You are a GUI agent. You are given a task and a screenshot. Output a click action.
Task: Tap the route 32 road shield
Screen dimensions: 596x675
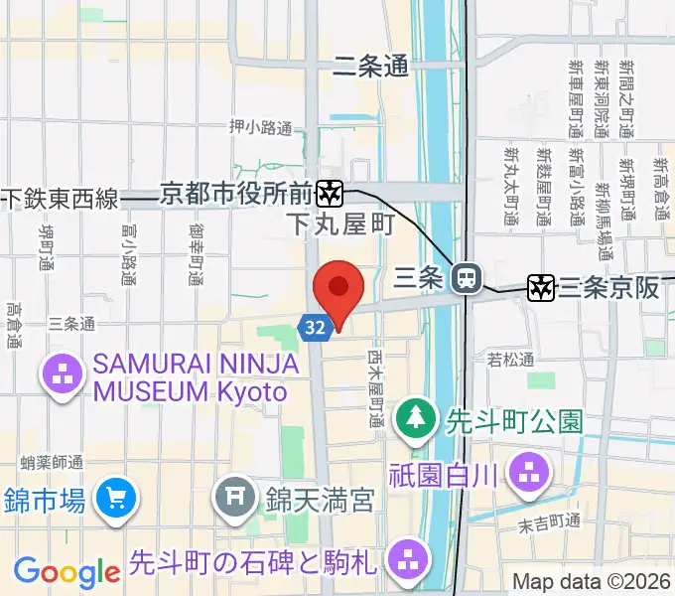point(315,327)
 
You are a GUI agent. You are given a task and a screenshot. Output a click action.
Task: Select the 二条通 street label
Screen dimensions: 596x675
point(371,67)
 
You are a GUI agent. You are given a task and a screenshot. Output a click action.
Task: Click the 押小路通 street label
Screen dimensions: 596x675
point(261,127)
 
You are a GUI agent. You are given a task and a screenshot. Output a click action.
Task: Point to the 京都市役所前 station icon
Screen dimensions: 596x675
point(331,192)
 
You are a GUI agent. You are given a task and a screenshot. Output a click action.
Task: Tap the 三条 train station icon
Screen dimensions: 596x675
point(464,279)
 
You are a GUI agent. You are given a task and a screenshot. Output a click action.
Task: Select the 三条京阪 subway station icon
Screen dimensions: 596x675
point(541,288)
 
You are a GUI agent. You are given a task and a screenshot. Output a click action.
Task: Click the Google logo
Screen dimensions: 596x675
point(67,571)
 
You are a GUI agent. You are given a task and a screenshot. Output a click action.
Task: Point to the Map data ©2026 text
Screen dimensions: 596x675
point(592,580)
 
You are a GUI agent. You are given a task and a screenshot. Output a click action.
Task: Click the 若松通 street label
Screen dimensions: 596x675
point(511,359)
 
